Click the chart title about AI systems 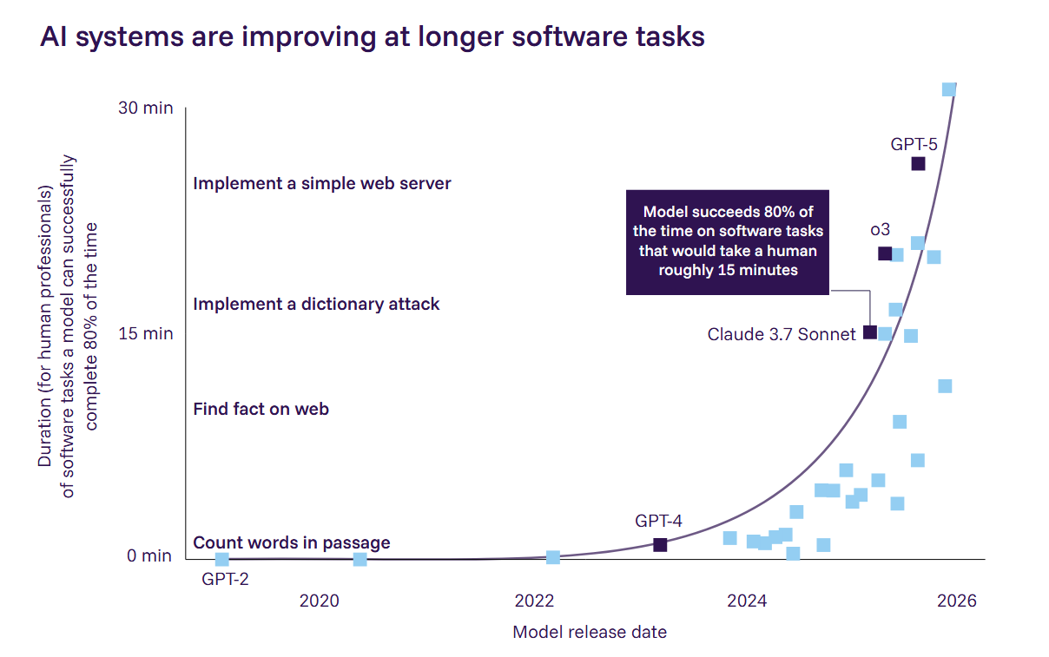pos(372,36)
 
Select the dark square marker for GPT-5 pos(918,164)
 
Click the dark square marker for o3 pos(885,253)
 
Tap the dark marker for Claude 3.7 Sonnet pos(870,332)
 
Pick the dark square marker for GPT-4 pos(660,545)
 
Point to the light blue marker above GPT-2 pos(222,560)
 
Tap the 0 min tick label pos(149,556)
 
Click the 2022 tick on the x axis pos(534,601)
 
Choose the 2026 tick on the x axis pos(956,601)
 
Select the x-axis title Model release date pos(590,632)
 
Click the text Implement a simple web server pos(322,184)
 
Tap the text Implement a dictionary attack pos(316,305)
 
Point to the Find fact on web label pos(261,409)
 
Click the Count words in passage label pos(292,543)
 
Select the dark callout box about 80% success pos(728,242)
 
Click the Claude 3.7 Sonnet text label pos(782,334)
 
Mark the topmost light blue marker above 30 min pos(949,89)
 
